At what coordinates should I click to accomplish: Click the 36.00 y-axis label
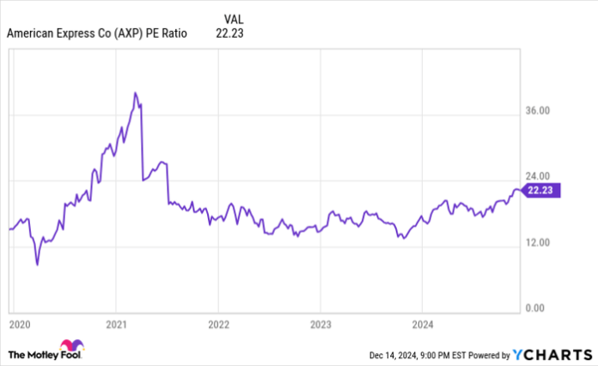538,111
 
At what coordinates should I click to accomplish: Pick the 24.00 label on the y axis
538,177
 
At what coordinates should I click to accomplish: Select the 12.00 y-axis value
538,242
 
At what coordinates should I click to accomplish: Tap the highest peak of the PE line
135,93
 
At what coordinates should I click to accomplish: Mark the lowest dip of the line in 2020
37,264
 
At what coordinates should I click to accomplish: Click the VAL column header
232,19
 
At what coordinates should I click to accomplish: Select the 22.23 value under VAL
232,34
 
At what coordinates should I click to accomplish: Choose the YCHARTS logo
550,353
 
